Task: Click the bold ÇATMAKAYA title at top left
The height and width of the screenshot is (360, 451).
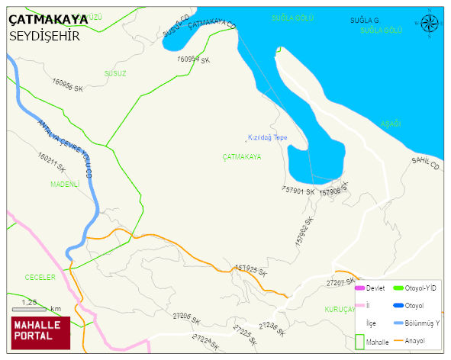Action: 47,21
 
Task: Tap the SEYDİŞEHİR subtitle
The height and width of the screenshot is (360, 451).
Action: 44,36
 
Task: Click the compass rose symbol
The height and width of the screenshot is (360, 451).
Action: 430,24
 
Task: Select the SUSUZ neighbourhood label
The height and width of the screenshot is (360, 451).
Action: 114,73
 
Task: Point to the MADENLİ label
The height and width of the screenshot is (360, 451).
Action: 65,184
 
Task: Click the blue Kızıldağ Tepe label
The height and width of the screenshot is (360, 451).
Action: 267,137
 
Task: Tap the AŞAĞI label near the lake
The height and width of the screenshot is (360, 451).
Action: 390,124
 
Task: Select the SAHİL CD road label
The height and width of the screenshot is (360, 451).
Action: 426,162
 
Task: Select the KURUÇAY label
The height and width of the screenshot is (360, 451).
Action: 339,309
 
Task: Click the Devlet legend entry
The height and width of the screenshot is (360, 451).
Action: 375,288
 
